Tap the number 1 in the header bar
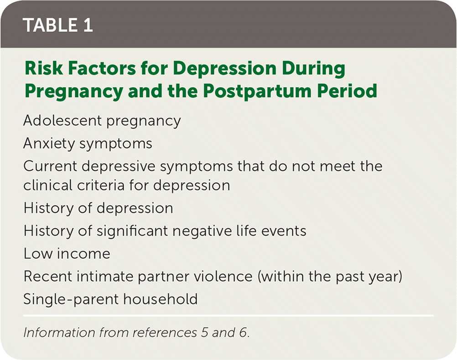click(x=88, y=25)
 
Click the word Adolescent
click(x=62, y=120)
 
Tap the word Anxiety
click(x=49, y=144)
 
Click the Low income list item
click(x=67, y=253)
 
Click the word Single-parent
click(x=71, y=299)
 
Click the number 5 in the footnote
click(x=204, y=332)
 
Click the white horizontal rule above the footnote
click(x=228, y=315)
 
